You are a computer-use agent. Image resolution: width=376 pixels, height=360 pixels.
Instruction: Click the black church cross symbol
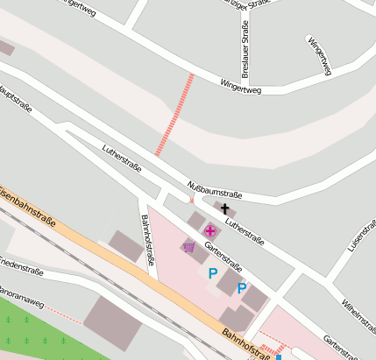225,209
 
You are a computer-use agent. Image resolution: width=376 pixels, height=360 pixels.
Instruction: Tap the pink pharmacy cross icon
210,231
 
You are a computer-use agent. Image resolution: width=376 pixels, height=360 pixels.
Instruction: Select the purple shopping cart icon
189,248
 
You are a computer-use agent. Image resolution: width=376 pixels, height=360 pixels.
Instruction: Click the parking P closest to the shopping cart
212,273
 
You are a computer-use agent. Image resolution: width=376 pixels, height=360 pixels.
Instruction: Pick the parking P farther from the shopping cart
242,287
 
